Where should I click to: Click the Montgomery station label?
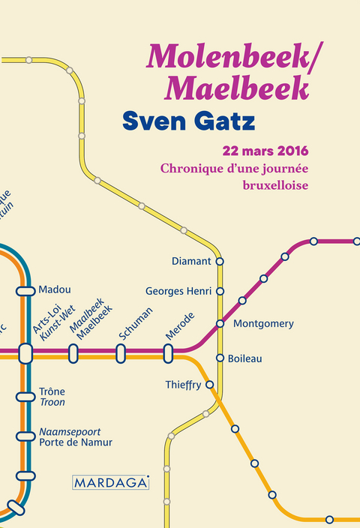(263, 324)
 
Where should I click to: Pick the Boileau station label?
(244, 358)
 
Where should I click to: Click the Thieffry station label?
(183, 385)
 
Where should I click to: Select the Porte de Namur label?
(76, 442)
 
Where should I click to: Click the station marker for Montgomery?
(220, 323)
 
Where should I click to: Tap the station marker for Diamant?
(220, 261)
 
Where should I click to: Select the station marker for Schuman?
(120, 352)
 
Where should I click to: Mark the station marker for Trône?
(25, 396)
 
